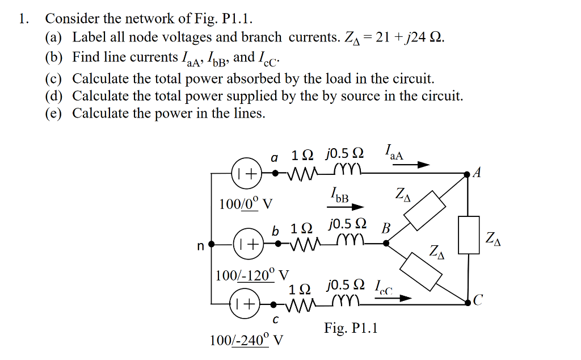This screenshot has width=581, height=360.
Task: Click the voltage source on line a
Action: (246, 173)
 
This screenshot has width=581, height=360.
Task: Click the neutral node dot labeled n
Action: (212, 245)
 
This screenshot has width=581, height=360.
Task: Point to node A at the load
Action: (467, 173)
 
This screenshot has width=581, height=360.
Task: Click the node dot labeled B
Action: (386, 244)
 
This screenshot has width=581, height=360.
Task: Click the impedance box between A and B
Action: (426, 210)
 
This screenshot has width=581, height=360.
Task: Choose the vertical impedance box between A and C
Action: (469, 234)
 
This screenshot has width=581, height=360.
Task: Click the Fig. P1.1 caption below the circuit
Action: (351, 328)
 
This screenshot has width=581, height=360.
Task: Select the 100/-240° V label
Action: (247, 340)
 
